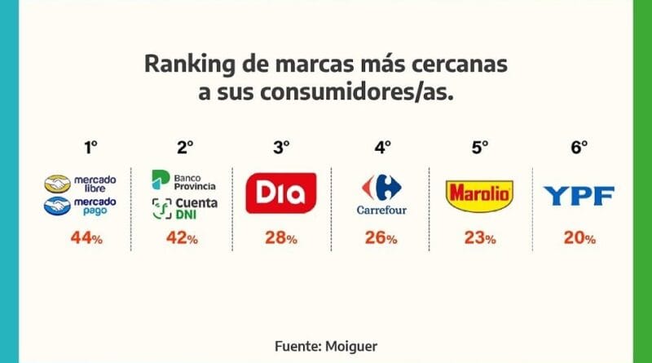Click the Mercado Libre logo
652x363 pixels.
pos(81,182)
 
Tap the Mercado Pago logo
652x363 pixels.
pos(81,206)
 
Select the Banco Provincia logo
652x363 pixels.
pos(183,180)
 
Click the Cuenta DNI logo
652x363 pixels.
pos(183,207)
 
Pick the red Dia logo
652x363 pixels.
pos(280,193)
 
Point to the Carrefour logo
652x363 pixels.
pos(381,194)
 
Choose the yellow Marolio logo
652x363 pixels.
pos(479,195)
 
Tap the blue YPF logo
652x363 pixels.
pos(579,196)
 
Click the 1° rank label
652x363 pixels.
pos(90,148)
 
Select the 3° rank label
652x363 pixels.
pos(281,148)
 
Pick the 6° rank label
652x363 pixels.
pos(579,148)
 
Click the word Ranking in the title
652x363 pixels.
pos(183,64)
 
